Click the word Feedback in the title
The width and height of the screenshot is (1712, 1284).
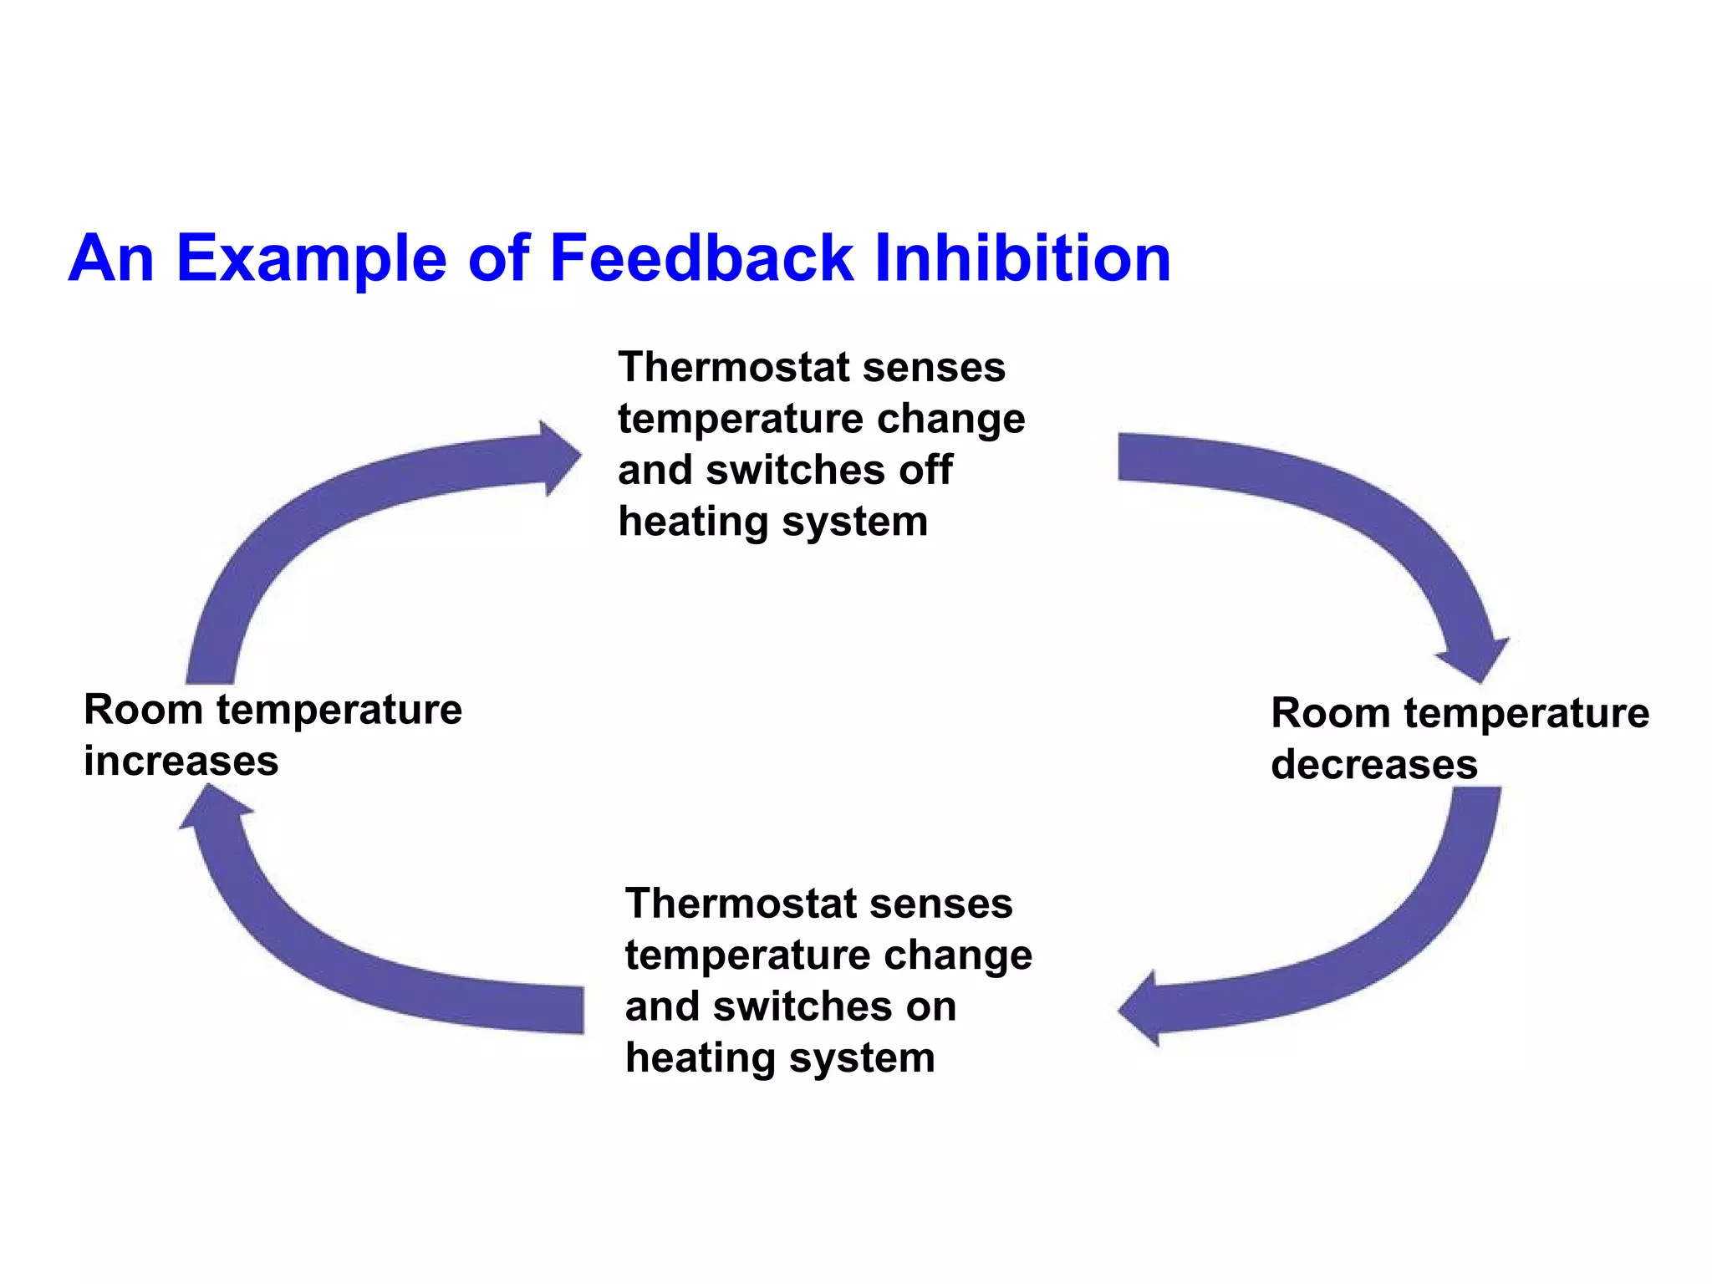click(701, 257)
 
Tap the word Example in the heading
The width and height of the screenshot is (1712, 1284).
click(311, 259)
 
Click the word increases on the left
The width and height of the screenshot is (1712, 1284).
click(181, 762)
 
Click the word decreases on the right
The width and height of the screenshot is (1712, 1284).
click(1373, 765)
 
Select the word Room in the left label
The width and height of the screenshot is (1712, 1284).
click(143, 711)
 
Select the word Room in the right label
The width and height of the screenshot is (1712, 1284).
click(1330, 714)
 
